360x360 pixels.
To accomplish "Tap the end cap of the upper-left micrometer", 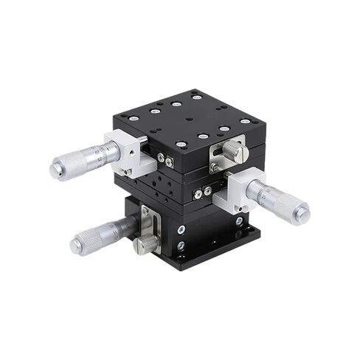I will (x=55, y=170).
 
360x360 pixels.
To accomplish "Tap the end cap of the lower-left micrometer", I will (x=76, y=246).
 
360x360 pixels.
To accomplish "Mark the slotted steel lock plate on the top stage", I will (x=220, y=156).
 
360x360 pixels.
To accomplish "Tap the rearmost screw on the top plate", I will (x=196, y=96).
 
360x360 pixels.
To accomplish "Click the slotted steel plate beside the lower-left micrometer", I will (x=146, y=221).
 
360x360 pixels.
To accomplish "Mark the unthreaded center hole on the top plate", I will (x=190, y=118).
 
